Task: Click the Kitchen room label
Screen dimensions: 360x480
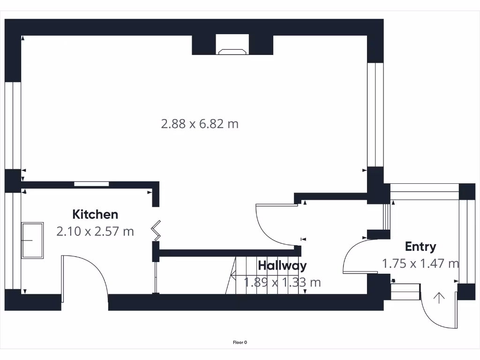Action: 95,214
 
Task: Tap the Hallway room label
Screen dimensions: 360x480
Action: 282,265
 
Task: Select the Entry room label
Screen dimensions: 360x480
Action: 420,247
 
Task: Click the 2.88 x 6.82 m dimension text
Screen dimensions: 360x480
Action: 200,124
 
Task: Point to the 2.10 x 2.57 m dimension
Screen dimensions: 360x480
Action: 95,231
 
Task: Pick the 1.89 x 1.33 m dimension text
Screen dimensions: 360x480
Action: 282,282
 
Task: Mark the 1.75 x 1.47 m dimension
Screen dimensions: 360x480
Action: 420,263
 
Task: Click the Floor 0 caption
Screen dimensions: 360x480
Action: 240,342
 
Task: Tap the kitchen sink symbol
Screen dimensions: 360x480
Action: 32,240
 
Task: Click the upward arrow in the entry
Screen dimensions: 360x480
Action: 439,297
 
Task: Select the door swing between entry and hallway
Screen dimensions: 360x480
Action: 359,255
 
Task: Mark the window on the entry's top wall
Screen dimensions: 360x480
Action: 424,188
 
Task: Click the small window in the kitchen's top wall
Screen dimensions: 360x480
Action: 91,184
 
